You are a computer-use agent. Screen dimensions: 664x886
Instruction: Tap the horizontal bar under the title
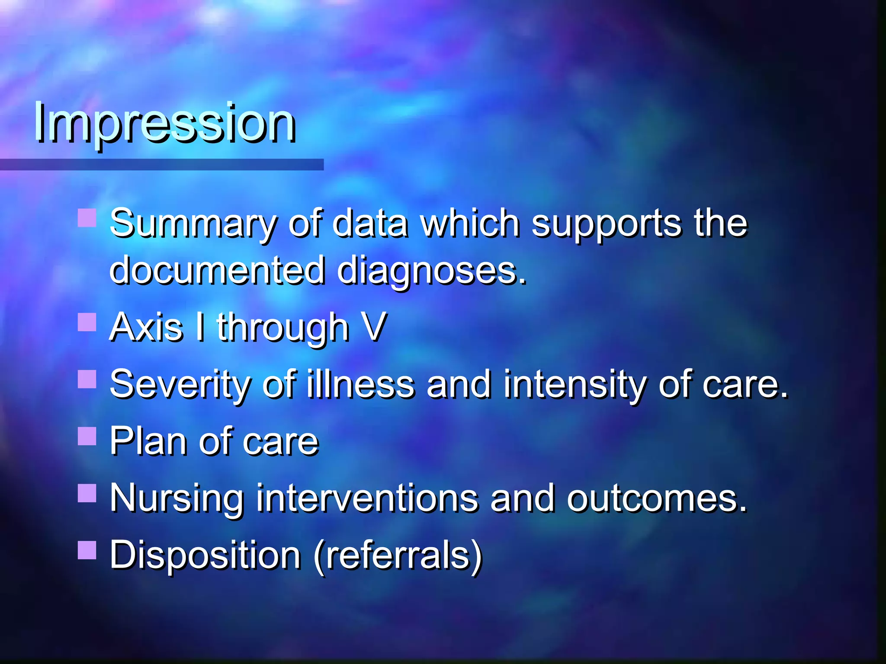(x=161, y=164)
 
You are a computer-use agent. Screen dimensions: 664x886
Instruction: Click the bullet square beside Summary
(x=87, y=218)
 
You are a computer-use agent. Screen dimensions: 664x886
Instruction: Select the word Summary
(x=193, y=224)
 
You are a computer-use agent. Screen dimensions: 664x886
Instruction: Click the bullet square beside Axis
(x=87, y=322)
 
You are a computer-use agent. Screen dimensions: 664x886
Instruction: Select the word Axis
(x=146, y=327)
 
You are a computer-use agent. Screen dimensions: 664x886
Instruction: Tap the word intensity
(x=575, y=385)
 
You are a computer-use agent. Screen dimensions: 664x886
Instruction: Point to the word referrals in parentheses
(x=398, y=555)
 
